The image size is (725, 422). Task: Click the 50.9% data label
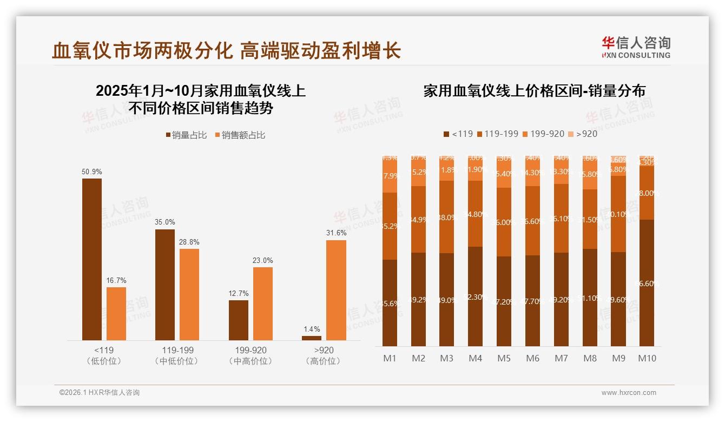pos(91,172)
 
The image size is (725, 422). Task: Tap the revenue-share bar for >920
pos(336,290)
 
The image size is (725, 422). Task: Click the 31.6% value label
pos(336,233)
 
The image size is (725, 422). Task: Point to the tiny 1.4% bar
pos(312,338)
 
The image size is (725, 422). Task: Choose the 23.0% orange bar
pos(263,304)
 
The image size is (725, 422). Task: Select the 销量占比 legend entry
pos(186,135)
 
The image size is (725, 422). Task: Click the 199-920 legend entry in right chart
pos(543,134)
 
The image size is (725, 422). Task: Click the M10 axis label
pos(647,358)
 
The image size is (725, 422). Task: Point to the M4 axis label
pos(475,358)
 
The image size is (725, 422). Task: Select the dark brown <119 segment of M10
pos(647,282)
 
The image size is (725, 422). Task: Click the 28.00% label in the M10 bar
pos(648,193)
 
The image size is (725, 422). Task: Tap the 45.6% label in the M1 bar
pos(390,304)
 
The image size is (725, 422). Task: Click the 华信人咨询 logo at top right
pos(636,47)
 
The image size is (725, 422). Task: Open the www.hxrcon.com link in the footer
pos(628,393)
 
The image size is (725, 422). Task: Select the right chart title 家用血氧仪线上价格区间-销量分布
pos(534,91)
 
